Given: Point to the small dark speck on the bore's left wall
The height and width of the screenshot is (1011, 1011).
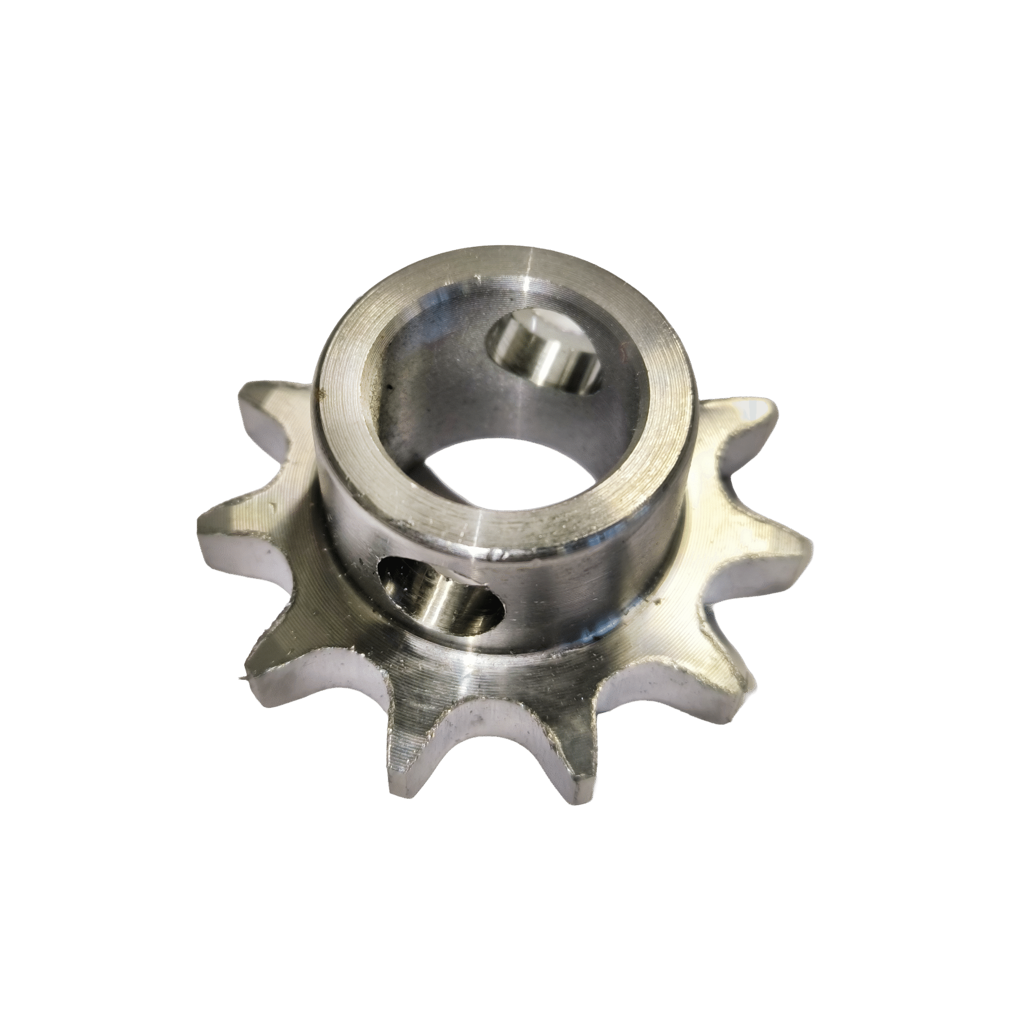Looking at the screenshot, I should click(x=389, y=388).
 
